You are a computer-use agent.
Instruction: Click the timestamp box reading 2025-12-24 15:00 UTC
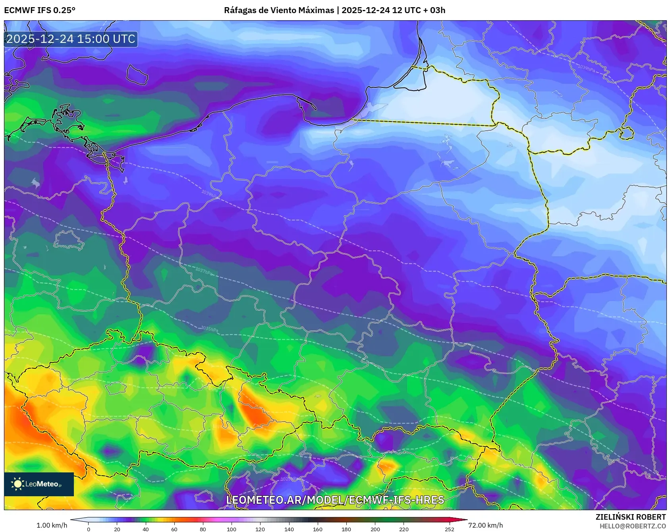tap(71, 39)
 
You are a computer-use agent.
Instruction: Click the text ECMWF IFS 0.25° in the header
tap(40, 10)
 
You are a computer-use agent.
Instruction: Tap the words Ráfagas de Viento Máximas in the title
tap(279, 10)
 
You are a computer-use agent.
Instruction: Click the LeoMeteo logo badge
tap(39, 484)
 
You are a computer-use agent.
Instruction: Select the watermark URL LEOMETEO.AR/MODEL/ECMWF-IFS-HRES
tap(335, 500)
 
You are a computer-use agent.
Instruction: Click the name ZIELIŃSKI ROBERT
tap(631, 517)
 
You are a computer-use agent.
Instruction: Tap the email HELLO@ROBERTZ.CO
tap(632, 526)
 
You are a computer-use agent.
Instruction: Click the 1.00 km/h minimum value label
tap(52, 525)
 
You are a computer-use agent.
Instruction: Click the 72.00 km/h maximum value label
tap(485, 525)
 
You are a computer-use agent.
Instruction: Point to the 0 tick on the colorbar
tap(88, 529)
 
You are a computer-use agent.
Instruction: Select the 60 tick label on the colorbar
tap(174, 529)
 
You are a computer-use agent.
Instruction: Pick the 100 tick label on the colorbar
tap(232, 529)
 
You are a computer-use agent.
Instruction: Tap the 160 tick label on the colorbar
tap(318, 529)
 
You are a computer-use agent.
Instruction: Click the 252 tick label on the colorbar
tap(450, 529)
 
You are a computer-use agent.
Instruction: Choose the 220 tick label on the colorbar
tap(404, 529)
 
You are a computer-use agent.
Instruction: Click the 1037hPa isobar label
tap(204, 272)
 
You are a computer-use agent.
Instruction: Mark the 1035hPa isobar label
tap(209, 329)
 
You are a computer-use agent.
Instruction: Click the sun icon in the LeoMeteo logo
tap(17, 484)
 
